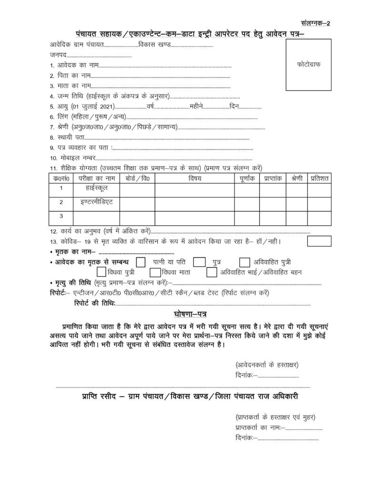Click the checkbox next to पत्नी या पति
(x=141, y=262)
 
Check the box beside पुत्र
(x=199, y=262)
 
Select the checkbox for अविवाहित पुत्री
(x=245, y=262)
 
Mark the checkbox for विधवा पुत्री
(x=102, y=272)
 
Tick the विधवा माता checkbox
(x=154, y=272)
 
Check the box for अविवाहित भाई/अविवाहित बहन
(x=212, y=272)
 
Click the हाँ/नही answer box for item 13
(x=319, y=241)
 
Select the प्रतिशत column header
(x=320, y=179)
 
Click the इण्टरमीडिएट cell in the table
(x=96, y=202)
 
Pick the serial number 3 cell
(x=61, y=216)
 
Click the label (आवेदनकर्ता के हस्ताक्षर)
(x=266, y=365)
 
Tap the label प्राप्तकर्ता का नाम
(x=258, y=427)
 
